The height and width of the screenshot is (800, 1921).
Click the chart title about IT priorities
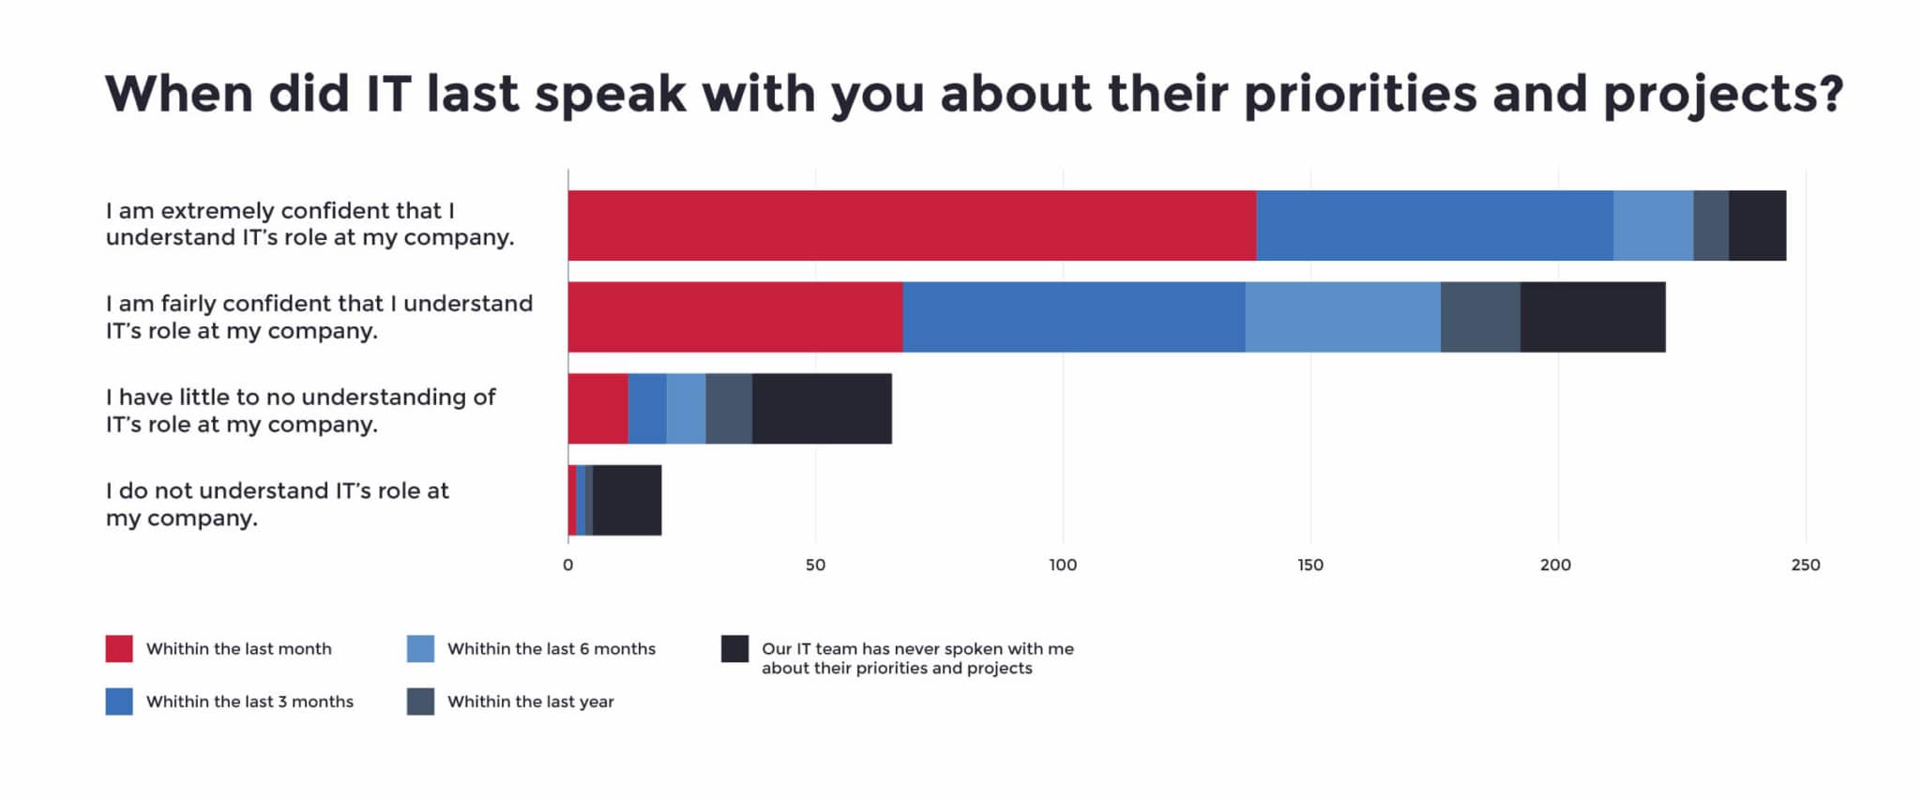pyautogui.click(x=974, y=95)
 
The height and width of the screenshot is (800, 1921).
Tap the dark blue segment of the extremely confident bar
pyautogui.click(x=1434, y=225)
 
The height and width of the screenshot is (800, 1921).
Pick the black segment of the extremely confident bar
pyautogui.click(x=1757, y=225)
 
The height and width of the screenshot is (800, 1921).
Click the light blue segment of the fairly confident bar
pyautogui.click(x=1342, y=317)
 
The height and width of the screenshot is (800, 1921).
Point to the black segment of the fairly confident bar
pyautogui.click(x=1592, y=317)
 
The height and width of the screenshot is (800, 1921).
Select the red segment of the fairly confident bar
pyautogui.click(x=735, y=317)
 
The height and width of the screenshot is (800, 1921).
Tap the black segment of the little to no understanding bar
pyautogui.click(x=822, y=409)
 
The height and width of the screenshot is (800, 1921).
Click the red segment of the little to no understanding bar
pyautogui.click(x=597, y=409)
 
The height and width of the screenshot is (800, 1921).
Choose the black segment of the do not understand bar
pyautogui.click(x=627, y=500)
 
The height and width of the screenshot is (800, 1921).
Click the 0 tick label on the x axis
pyautogui.click(x=567, y=565)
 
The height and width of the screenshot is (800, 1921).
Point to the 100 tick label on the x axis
pyautogui.click(x=1063, y=565)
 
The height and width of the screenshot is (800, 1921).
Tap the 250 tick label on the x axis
pyautogui.click(x=1805, y=565)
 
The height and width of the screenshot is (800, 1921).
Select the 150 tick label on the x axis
pyautogui.click(x=1310, y=565)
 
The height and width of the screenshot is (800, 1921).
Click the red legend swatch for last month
pyautogui.click(x=119, y=649)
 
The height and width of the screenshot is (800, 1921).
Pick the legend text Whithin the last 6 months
pyautogui.click(x=552, y=649)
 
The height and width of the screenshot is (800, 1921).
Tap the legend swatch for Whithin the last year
pyautogui.click(x=420, y=702)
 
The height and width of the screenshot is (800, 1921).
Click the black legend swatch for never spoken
pyautogui.click(x=734, y=649)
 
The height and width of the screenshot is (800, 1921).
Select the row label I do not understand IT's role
pyautogui.click(x=277, y=505)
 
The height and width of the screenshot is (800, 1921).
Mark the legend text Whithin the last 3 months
pyautogui.click(x=250, y=702)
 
